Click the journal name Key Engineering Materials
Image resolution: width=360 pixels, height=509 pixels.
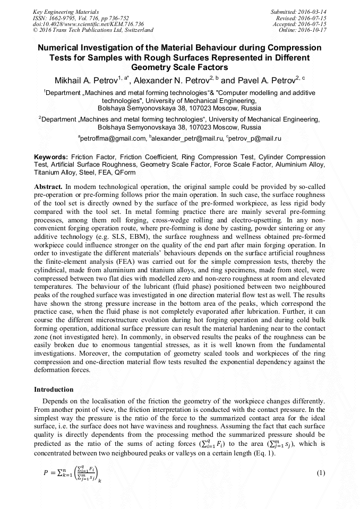(66, 11)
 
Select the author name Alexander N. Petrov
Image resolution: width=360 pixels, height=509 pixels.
(169, 81)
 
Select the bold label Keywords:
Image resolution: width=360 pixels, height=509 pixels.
(51, 158)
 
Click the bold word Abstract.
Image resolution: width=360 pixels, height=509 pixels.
(48, 187)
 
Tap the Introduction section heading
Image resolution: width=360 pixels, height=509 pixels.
(54, 389)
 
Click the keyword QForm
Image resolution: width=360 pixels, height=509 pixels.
(125, 172)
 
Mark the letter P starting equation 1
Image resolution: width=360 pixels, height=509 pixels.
(45, 472)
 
